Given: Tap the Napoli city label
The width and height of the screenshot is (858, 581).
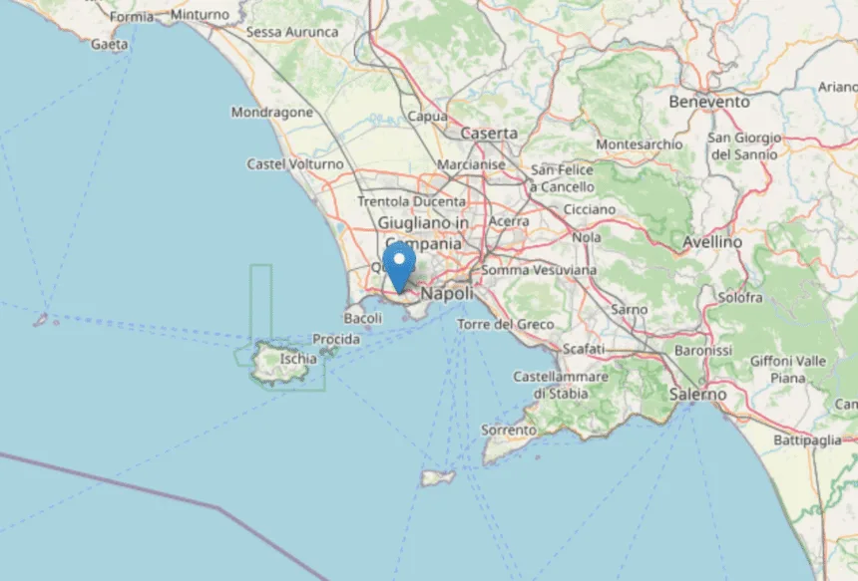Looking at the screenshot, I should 446,294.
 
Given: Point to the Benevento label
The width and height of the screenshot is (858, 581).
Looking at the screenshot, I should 709,102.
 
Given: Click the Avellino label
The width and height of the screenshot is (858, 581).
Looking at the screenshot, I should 712,242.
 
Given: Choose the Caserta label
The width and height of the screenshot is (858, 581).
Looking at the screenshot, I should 489,133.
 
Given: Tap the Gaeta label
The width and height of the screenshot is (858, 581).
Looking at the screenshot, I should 109,44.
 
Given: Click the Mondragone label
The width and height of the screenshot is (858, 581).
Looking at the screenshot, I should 272,113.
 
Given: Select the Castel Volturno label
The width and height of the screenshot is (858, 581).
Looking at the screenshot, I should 295,163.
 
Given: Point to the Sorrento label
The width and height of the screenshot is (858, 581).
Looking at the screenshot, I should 509,430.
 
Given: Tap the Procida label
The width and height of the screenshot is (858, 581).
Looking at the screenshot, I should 336,340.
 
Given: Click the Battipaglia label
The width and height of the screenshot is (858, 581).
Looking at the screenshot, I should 808,439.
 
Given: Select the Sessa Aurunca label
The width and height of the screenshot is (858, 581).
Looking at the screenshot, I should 292,32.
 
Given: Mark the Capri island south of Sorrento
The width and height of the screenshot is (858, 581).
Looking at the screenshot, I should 437,478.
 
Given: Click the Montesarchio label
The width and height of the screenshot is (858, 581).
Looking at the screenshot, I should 640,145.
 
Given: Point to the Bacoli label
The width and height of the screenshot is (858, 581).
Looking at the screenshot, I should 362,318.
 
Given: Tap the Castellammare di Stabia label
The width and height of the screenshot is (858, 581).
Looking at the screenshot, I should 561,385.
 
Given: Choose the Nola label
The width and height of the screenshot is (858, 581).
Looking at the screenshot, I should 587,238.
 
